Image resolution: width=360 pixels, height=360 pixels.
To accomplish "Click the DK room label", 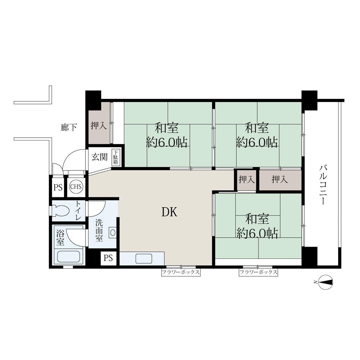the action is click(169, 212).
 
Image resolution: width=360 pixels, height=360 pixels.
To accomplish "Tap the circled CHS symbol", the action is click(76, 186).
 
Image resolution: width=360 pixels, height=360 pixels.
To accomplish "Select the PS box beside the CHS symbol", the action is click(58, 187).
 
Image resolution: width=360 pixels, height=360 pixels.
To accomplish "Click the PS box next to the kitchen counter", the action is click(108, 258).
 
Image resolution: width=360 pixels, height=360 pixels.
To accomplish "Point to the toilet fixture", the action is click(60, 211).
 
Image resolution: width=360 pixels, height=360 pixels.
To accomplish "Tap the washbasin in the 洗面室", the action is click(113, 232).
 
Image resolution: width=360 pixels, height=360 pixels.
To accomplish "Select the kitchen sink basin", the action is click(144, 259).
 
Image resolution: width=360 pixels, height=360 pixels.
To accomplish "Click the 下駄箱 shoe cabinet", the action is click(115, 157).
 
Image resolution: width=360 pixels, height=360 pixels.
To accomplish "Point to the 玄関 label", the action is click(99, 157).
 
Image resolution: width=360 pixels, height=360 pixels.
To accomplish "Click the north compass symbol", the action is click(325, 282).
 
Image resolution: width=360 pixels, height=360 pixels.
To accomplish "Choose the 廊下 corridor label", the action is click(69, 127).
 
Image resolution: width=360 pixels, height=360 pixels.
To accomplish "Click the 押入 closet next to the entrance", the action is click(99, 125).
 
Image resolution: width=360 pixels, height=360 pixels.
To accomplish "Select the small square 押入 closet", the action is click(247, 179).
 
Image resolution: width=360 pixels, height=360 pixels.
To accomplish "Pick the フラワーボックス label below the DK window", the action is click(181, 272).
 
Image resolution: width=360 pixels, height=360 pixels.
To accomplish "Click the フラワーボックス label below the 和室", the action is click(258, 272).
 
